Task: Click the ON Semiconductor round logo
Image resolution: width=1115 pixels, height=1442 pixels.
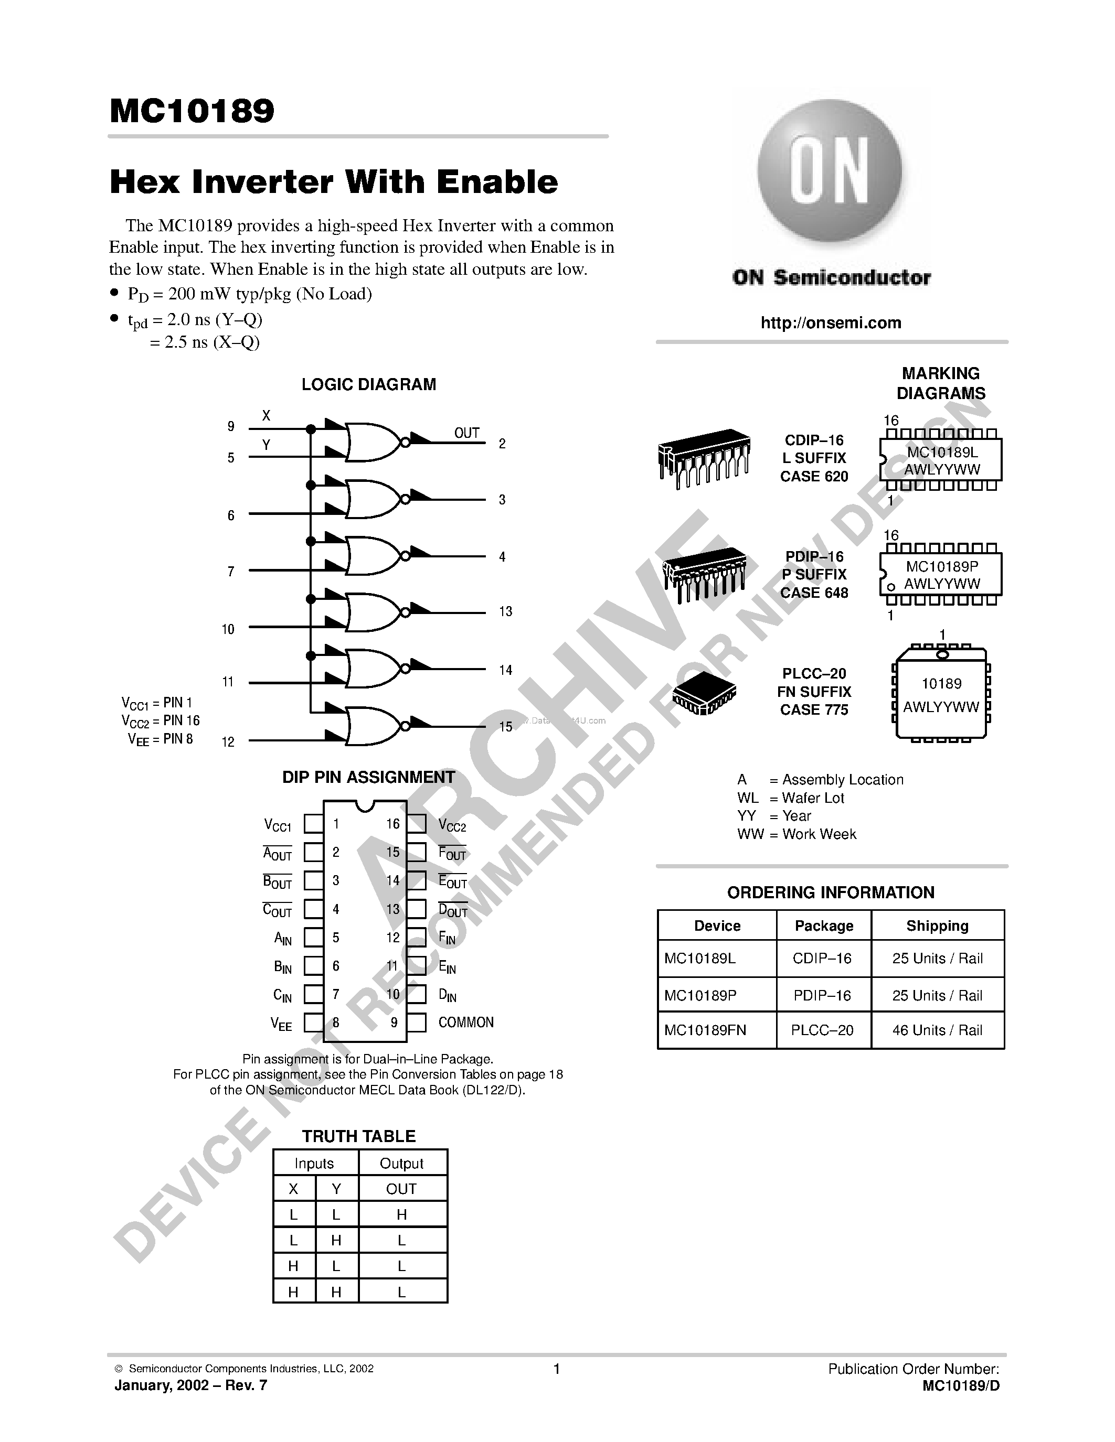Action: tap(830, 170)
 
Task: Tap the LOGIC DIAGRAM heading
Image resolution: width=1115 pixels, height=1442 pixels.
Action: tap(368, 384)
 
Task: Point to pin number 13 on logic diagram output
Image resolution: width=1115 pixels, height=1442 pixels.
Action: tap(505, 611)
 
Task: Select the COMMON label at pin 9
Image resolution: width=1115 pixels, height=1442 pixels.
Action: tap(466, 1022)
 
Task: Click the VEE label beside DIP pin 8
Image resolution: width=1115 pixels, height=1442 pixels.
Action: tap(281, 1024)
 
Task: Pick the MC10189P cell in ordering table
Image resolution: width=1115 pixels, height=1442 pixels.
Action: tap(700, 995)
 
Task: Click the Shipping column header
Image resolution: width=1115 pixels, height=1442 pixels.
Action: tap(937, 926)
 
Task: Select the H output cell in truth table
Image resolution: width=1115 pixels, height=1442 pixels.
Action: tap(401, 1214)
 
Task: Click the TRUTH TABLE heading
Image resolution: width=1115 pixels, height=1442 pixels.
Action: tap(359, 1136)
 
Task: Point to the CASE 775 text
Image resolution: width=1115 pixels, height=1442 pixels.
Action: tap(814, 710)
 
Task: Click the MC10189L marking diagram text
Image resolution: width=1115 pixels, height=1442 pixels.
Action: tap(942, 453)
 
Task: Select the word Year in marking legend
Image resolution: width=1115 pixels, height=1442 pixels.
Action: tap(796, 815)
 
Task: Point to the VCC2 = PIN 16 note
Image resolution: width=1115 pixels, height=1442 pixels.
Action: tap(161, 720)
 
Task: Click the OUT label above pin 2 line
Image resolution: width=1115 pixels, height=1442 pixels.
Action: tap(466, 433)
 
